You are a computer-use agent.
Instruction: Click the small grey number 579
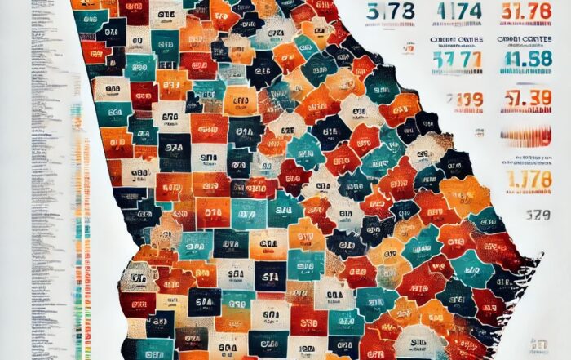pos(525,216)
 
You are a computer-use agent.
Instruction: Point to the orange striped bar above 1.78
pos(526,136)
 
